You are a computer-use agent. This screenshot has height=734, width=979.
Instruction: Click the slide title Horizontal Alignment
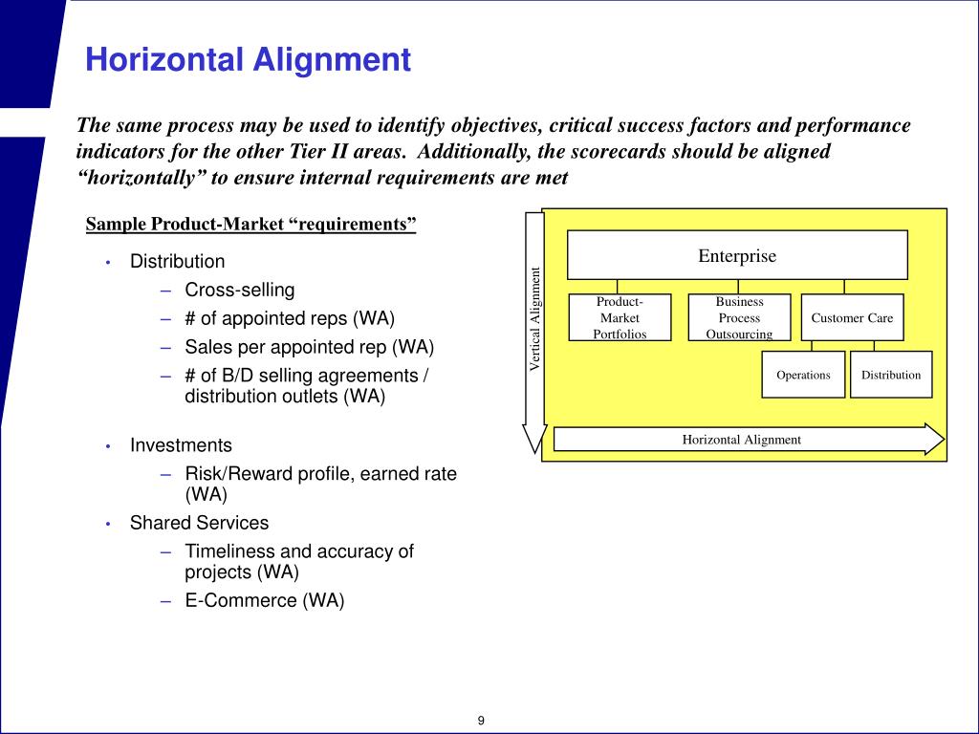[x=248, y=60]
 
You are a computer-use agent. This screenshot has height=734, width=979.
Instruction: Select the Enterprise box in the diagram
[x=737, y=255]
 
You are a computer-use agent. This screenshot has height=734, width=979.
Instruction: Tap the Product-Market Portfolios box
[x=620, y=317]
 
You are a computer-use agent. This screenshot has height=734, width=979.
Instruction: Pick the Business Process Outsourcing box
[x=739, y=317]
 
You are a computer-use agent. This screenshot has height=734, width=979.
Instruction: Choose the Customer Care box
[x=852, y=317]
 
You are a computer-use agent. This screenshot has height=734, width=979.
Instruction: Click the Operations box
[x=803, y=375]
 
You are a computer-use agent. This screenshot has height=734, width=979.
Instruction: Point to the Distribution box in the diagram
[x=890, y=375]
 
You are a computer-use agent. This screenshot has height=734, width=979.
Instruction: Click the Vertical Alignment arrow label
[x=535, y=318]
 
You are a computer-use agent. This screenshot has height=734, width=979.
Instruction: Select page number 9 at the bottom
[x=482, y=720]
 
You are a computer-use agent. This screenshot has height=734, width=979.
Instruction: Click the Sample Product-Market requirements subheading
[x=251, y=225]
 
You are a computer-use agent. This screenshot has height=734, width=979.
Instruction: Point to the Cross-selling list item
[x=240, y=290]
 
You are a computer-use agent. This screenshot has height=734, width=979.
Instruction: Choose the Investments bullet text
[x=181, y=445]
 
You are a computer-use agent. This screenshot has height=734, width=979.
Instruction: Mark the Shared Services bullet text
[x=199, y=523]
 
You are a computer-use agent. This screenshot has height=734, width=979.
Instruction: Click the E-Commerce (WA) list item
[x=264, y=600]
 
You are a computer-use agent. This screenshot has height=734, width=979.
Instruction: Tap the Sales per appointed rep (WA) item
[x=302, y=346]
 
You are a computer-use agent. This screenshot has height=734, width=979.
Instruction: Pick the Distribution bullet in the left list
[x=178, y=261]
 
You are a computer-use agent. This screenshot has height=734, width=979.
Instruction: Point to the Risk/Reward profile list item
[x=320, y=474]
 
